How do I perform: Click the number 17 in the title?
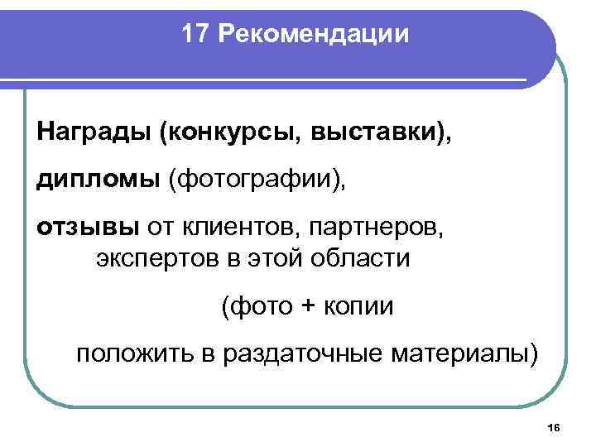(x=195, y=35)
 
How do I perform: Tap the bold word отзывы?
(x=89, y=227)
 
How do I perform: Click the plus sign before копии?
(x=309, y=307)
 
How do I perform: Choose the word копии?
(x=361, y=306)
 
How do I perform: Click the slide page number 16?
(x=554, y=426)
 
